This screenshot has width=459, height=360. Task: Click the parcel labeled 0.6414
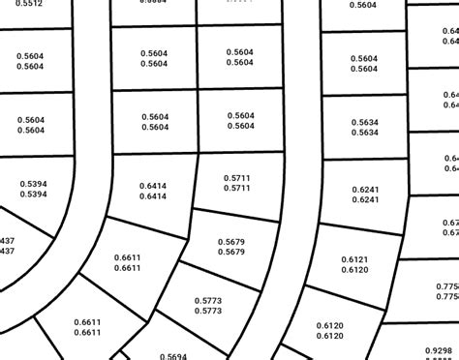(153, 191)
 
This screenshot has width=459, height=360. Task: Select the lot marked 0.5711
(237, 183)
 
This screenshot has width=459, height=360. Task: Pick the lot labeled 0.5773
(208, 306)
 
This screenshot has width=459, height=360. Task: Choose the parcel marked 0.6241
(364, 194)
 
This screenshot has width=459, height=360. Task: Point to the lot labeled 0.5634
(364, 127)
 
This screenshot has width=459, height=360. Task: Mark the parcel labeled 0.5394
(33, 189)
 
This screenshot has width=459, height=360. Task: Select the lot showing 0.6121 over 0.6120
(356, 264)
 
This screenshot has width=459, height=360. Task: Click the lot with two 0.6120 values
(330, 330)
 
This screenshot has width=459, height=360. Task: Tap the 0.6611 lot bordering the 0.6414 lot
(128, 261)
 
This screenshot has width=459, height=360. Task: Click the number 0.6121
(356, 259)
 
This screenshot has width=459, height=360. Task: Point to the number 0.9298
(439, 350)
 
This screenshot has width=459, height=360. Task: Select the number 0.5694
(170, 356)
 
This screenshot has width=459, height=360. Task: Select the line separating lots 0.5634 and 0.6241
(363, 160)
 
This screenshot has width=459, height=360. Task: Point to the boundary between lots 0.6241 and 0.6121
(360, 229)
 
